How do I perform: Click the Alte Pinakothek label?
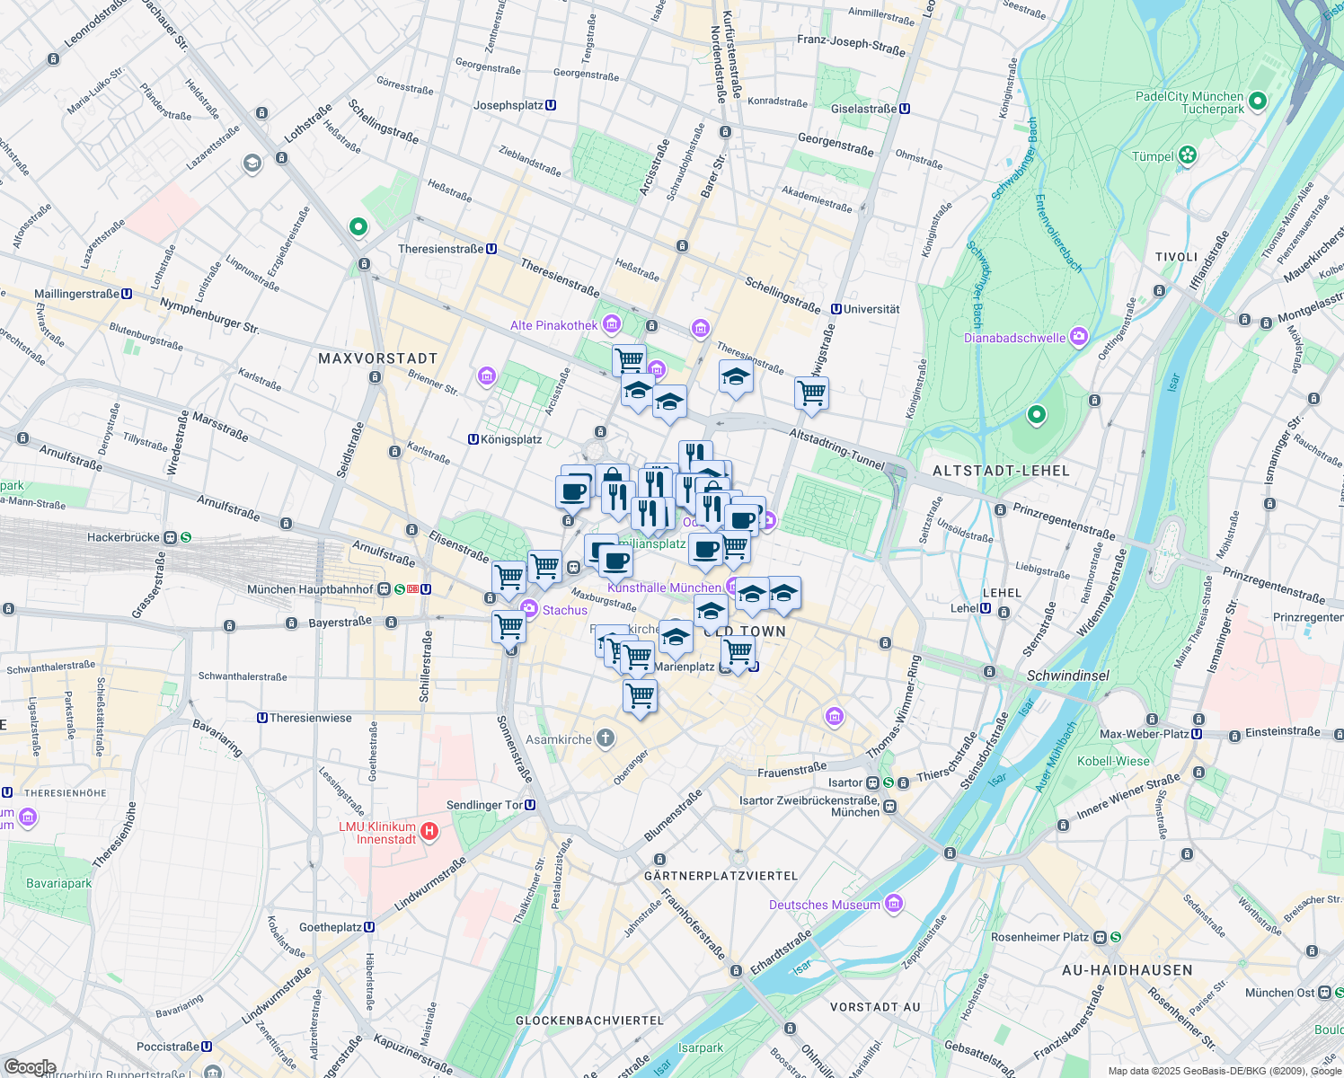tap(553, 325)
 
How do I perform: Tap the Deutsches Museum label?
tap(824, 905)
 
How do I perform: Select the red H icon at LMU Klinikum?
tap(429, 831)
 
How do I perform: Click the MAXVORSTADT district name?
tap(377, 358)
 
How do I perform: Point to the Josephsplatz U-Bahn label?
tap(508, 105)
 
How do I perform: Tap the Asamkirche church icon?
tap(606, 738)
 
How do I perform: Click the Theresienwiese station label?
tap(311, 718)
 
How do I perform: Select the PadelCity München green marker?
tap(1257, 102)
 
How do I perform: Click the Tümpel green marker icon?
tap(1189, 155)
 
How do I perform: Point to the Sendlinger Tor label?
tap(485, 805)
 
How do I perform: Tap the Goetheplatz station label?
tap(330, 927)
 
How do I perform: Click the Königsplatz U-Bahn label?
tap(511, 439)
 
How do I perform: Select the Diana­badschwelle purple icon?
tap(1079, 337)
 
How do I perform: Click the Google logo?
tap(30, 1066)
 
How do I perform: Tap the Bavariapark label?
tap(58, 883)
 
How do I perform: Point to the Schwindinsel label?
tap(1067, 676)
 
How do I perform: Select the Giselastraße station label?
tap(863, 109)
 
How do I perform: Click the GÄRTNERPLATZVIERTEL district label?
tap(721, 875)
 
